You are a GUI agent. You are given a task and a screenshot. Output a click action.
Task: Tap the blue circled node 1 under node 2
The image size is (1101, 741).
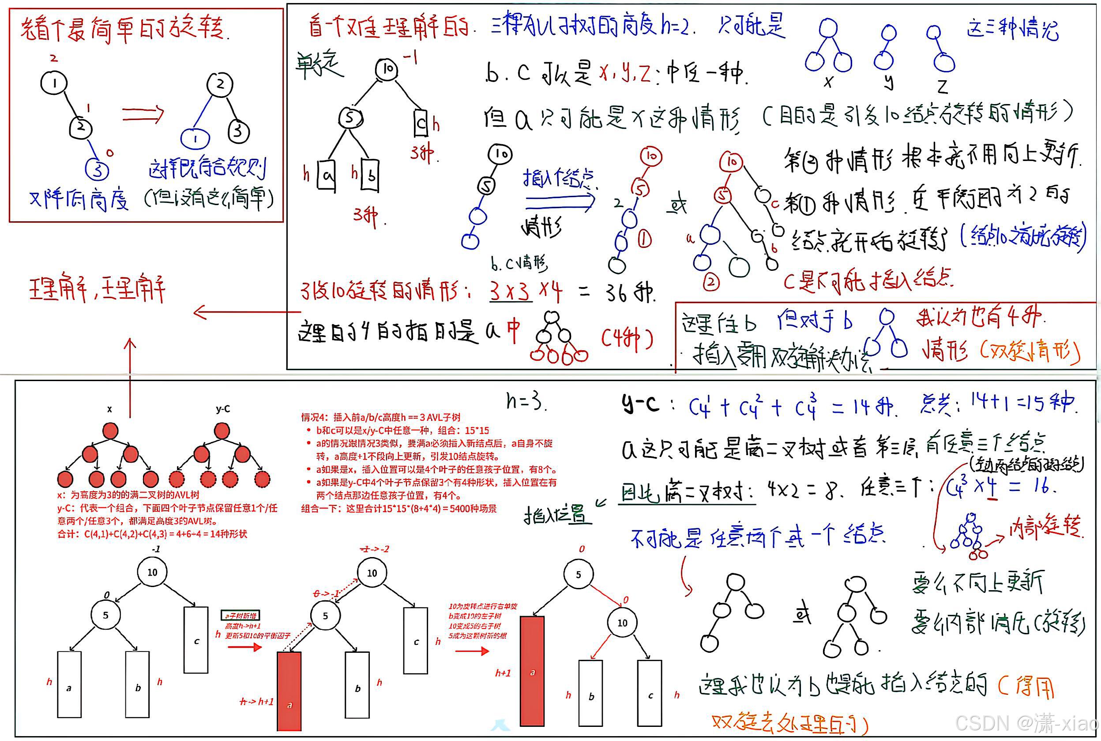(x=195, y=139)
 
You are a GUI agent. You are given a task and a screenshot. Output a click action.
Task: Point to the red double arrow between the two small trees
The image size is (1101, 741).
(x=143, y=113)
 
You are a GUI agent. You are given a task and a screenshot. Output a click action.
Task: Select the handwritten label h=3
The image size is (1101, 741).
(x=525, y=402)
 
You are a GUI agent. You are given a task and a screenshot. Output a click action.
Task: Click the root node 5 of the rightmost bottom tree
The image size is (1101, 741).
(x=578, y=575)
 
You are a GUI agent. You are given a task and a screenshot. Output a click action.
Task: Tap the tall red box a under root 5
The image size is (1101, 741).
(x=532, y=671)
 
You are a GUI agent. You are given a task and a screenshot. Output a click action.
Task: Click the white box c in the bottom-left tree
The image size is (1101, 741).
(x=196, y=640)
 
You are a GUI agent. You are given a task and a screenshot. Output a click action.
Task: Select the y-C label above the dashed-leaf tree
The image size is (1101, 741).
(x=223, y=409)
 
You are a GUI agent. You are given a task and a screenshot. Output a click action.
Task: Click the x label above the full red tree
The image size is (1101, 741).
(x=110, y=409)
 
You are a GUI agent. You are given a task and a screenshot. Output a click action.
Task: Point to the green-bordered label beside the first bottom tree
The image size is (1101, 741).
(x=240, y=615)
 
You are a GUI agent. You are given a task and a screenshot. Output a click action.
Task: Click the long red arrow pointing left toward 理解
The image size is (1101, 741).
(x=246, y=312)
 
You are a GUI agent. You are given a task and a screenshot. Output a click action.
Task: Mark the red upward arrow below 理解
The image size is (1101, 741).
(x=130, y=359)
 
